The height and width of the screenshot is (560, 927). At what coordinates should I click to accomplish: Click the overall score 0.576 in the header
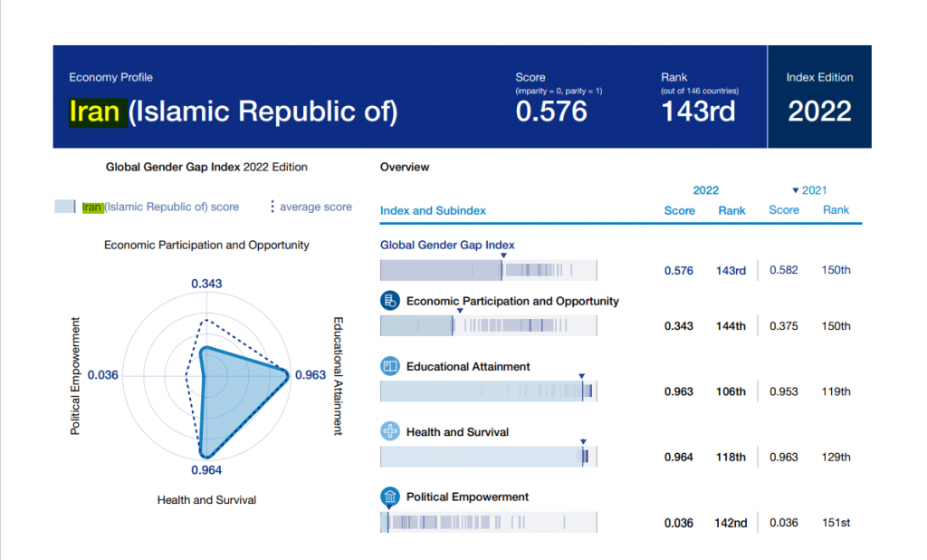[551, 111]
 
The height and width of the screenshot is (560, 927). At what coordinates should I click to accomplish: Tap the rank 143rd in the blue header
[698, 111]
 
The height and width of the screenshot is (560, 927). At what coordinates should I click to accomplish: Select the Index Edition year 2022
[819, 111]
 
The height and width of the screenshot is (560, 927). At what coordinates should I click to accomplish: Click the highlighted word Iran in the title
[95, 111]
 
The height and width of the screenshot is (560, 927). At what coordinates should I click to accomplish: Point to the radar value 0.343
[206, 285]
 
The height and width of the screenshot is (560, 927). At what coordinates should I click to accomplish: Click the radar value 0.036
[103, 375]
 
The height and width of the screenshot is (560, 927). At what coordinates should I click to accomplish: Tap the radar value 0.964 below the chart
[206, 470]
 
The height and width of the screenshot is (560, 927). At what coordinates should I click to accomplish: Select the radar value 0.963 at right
[311, 375]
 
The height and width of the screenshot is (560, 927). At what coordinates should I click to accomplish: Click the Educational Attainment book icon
[390, 367]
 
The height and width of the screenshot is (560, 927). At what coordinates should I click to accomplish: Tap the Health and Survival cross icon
[390, 432]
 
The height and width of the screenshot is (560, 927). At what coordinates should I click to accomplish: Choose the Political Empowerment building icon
[390, 497]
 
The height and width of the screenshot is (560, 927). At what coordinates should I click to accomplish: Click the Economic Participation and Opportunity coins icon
[390, 301]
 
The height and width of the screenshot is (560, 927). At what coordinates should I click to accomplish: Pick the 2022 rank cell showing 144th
[731, 326]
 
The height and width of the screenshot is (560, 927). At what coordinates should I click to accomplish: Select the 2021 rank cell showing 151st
[836, 523]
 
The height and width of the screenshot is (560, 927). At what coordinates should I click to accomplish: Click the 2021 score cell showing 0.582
[784, 270]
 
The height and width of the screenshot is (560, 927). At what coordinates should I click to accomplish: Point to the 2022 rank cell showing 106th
[731, 392]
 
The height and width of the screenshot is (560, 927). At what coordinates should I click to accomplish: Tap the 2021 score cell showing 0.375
[784, 326]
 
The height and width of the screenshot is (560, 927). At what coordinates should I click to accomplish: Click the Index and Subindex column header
[433, 211]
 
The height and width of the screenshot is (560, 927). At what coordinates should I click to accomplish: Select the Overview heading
[405, 168]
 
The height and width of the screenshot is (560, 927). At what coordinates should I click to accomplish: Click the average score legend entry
[311, 208]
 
